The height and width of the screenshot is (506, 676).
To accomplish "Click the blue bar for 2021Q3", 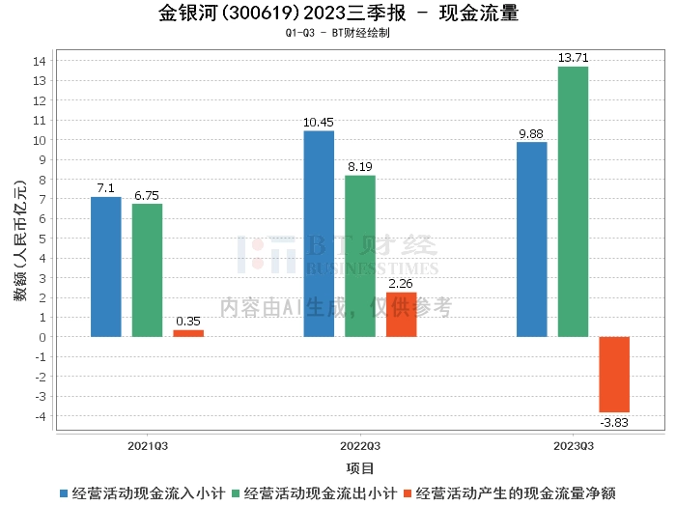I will pos(106,267).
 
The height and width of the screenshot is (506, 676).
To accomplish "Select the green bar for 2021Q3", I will pos(147,270).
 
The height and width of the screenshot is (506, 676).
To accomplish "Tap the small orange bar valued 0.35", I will pos(188,333).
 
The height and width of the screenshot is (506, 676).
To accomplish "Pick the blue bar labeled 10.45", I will pos(319,234).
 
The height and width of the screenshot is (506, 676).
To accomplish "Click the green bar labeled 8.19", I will pos(360,256).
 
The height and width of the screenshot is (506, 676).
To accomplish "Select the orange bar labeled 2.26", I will pos(401,315).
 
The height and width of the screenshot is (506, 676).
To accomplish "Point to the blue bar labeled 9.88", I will pos(532,239).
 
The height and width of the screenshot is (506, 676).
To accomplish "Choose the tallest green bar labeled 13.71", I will pos(573,202).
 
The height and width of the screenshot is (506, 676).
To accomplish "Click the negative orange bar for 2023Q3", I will pos(614,375).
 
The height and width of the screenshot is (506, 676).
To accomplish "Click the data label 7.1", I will pos(106,188).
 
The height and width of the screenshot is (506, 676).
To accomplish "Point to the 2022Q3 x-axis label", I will pos(360,446).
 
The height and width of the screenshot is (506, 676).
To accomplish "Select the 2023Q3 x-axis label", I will pos(573,446).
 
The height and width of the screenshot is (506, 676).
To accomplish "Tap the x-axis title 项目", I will pos(360,468).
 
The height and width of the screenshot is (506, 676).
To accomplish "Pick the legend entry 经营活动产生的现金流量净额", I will pos(521,492).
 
